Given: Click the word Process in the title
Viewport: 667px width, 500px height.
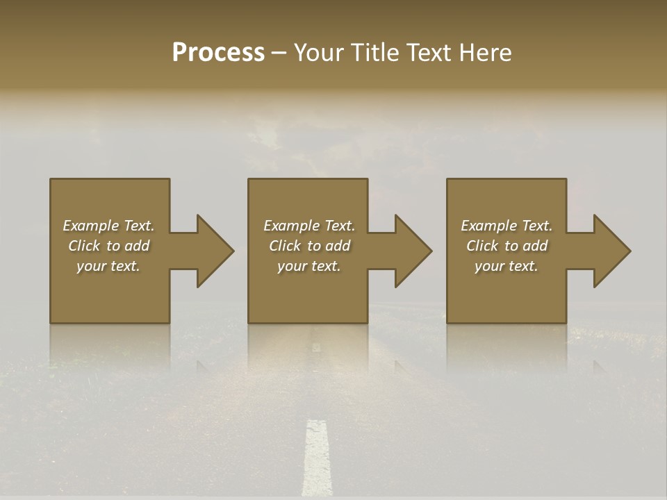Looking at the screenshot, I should pyautogui.click(x=218, y=52).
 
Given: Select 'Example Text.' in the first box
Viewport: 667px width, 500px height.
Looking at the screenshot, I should pyautogui.click(x=108, y=226).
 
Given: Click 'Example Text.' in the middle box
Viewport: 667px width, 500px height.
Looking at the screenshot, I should pyautogui.click(x=309, y=226).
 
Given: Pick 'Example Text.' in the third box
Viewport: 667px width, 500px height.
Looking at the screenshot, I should pyautogui.click(x=507, y=226).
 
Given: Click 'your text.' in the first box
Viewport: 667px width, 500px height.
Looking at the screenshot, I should pyautogui.click(x=108, y=266).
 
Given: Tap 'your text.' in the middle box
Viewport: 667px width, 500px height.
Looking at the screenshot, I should pyautogui.click(x=309, y=266).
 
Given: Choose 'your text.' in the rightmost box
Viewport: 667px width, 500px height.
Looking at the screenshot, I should pyautogui.click(x=507, y=266).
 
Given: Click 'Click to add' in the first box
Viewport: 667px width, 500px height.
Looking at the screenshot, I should pyautogui.click(x=108, y=246).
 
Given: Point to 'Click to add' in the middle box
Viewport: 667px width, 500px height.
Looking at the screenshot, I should pyautogui.click(x=309, y=246).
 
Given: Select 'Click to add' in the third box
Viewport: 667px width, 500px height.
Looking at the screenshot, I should pyautogui.click(x=507, y=246).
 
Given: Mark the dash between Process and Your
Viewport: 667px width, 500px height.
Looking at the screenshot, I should pyautogui.click(x=279, y=53).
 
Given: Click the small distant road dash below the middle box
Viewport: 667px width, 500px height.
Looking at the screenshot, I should pyautogui.click(x=316, y=347).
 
